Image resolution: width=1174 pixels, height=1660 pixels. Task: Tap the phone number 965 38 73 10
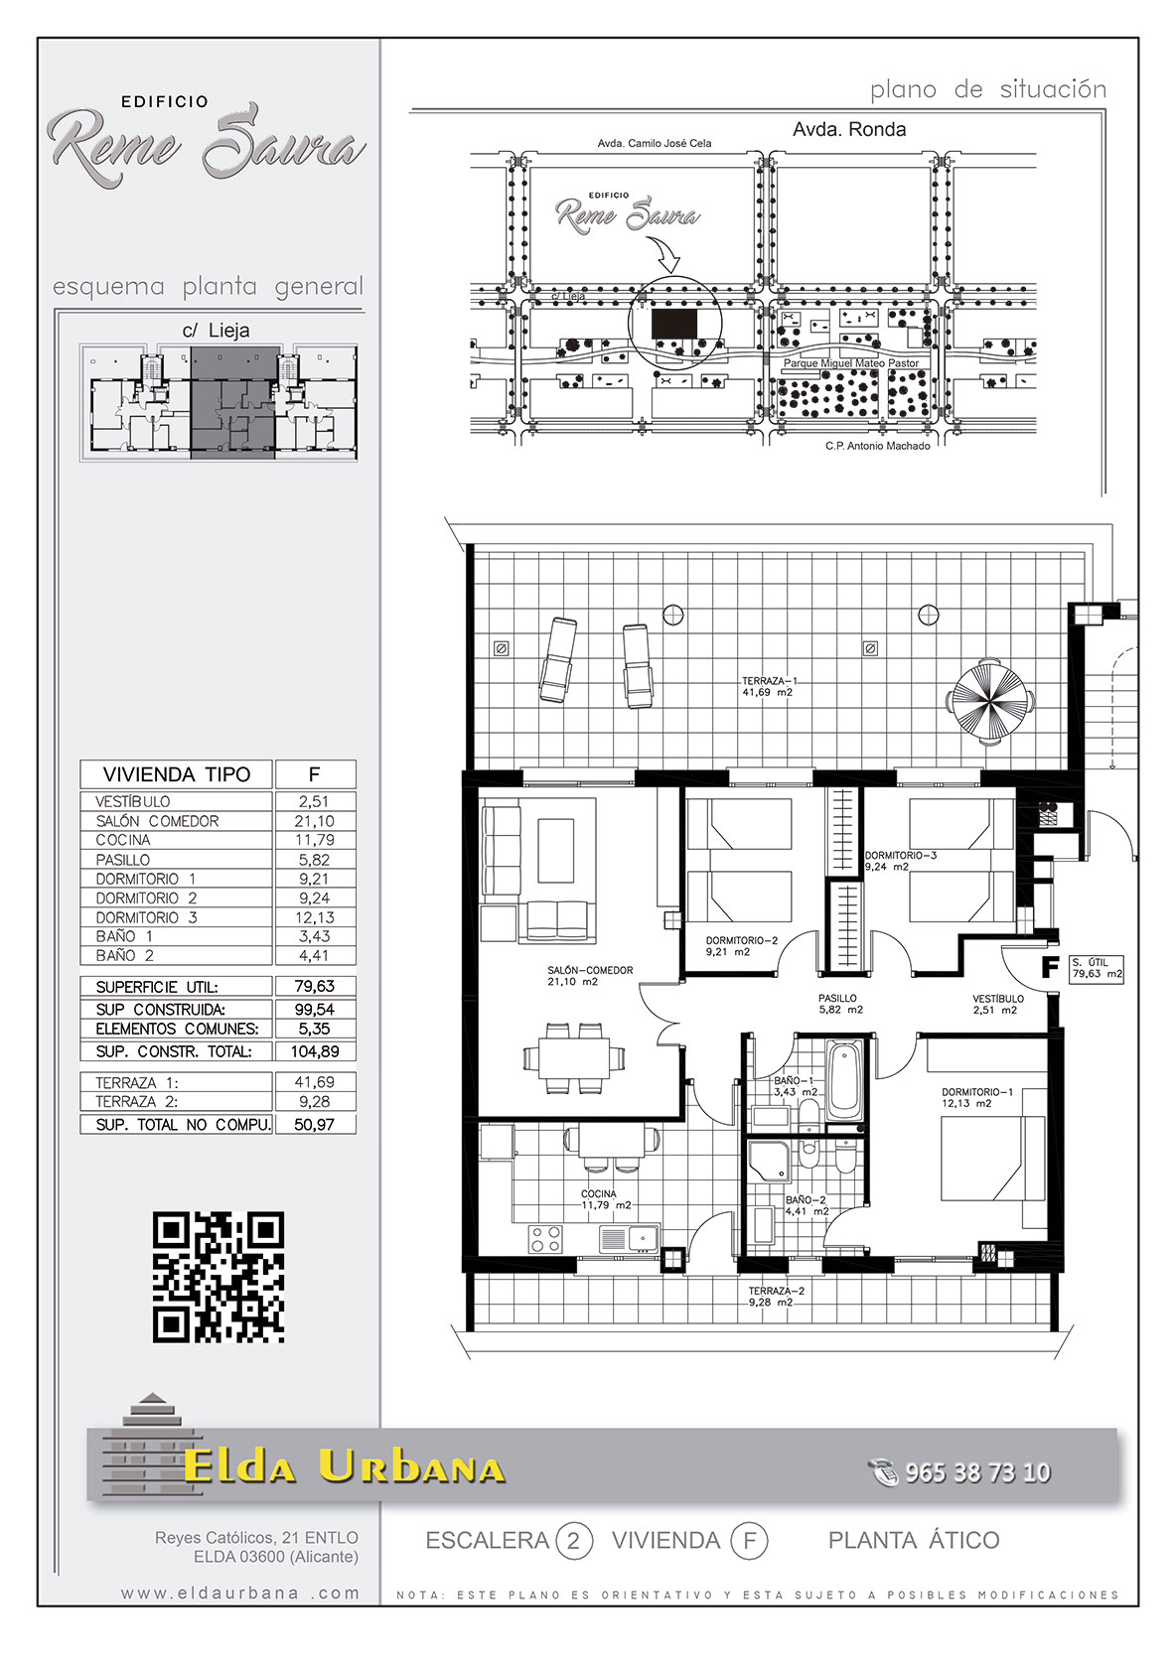977,1472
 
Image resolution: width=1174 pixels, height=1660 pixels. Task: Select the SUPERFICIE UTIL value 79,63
315,986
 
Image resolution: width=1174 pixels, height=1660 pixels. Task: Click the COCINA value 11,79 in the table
315,840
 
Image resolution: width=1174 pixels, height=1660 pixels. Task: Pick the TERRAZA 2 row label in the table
136,1102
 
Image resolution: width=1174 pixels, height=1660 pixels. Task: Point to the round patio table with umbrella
987,700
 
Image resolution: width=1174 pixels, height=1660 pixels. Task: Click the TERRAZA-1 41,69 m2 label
767,687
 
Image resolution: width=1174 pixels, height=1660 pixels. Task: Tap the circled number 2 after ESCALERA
573,1542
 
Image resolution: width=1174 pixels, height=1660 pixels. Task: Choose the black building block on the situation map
673,324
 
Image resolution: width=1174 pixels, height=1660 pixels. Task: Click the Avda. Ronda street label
849,130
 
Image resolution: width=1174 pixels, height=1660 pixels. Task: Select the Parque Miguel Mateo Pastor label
851,363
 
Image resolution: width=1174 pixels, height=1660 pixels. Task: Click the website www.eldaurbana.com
240,1592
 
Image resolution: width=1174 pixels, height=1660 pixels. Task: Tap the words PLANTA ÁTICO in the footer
914,1541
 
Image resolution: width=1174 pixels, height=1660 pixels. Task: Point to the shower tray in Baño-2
770,1161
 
